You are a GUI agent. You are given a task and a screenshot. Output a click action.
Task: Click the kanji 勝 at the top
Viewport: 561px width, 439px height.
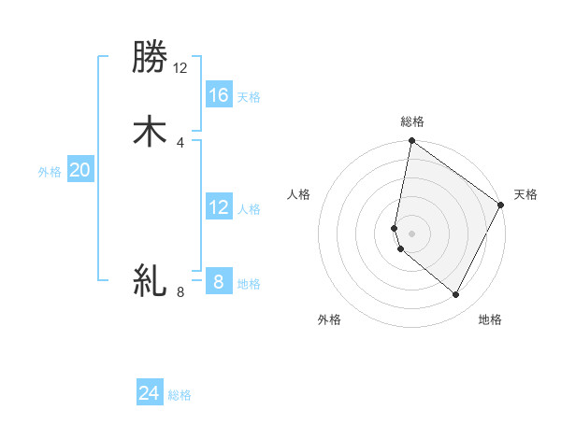pyautogui.click(x=150, y=59)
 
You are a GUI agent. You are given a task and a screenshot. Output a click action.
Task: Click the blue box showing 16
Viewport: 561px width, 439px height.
pyautogui.click(x=219, y=95)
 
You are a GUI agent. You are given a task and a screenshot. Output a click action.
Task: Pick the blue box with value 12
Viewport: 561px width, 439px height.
pyautogui.click(x=219, y=207)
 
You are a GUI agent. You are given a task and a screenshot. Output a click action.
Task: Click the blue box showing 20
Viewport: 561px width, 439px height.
pyautogui.click(x=80, y=170)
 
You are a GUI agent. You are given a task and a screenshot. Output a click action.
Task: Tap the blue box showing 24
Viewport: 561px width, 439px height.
pyautogui.click(x=150, y=393)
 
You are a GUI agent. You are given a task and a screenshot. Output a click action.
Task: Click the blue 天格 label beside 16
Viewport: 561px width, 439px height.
pyautogui.click(x=249, y=97)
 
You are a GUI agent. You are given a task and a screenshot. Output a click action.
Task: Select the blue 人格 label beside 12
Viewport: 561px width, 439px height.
pyautogui.click(x=249, y=209)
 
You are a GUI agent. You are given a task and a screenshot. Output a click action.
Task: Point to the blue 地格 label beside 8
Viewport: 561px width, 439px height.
pyautogui.click(x=249, y=284)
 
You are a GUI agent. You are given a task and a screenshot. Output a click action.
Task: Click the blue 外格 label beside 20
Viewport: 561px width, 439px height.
pyautogui.click(x=50, y=172)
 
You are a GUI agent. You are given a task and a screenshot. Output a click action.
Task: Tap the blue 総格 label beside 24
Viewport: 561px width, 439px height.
pyautogui.click(x=180, y=395)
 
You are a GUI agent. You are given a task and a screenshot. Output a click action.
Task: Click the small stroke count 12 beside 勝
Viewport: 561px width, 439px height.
pyautogui.click(x=180, y=68)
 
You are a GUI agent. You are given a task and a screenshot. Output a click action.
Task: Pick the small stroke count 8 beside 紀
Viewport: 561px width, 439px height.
pyautogui.click(x=180, y=292)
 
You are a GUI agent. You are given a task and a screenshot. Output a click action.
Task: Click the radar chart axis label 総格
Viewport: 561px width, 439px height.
pyautogui.click(x=412, y=121)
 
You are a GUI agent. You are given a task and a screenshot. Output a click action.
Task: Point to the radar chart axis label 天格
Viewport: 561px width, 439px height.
pyautogui.click(x=525, y=194)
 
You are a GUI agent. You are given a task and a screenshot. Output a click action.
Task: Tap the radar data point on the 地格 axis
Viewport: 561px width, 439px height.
pyautogui.click(x=456, y=295)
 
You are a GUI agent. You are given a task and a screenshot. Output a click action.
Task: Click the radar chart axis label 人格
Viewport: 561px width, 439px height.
pyautogui.click(x=299, y=194)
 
